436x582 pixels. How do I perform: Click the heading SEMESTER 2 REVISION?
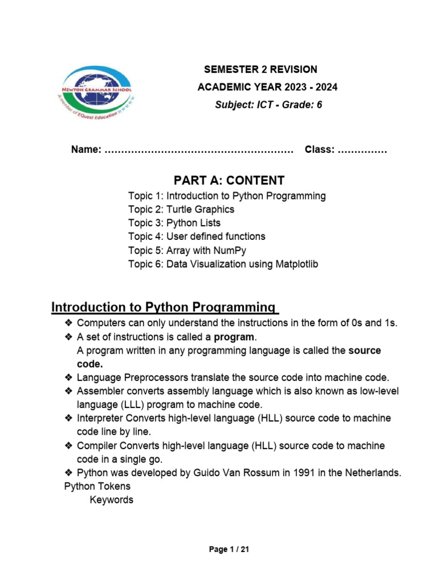(x=261, y=69)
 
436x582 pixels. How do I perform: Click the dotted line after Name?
(x=199, y=151)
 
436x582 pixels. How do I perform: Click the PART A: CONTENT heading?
(x=229, y=181)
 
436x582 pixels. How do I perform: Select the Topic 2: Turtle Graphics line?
(x=181, y=209)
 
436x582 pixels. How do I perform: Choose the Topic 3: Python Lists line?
(x=174, y=223)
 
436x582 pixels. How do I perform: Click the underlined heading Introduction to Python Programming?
(x=164, y=307)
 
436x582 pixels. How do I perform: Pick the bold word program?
(x=231, y=337)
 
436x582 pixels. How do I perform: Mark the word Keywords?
(x=112, y=500)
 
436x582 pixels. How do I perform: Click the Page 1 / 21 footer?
(x=229, y=550)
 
